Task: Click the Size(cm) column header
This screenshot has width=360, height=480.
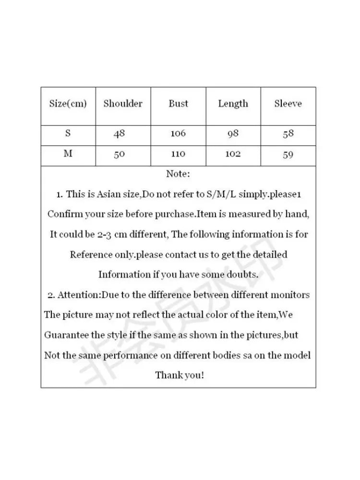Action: tap(68, 104)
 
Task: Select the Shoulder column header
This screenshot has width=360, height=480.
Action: tap(123, 104)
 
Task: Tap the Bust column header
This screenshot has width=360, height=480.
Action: tap(178, 104)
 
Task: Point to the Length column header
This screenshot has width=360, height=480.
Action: tap(233, 104)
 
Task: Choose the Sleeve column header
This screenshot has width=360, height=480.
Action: tap(288, 104)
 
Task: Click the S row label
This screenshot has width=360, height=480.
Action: tap(68, 133)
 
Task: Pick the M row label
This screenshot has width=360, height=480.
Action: tap(68, 155)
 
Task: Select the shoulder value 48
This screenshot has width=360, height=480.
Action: tap(119, 134)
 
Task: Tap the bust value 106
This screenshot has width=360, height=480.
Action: tap(178, 134)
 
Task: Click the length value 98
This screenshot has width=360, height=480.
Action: tap(233, 134)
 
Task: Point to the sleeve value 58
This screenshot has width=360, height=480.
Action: tap(288, 134)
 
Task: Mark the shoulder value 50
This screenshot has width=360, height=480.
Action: tap(119, 155)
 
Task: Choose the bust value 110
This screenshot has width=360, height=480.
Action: tap(178, 155)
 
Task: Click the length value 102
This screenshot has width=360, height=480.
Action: tap(233, 155)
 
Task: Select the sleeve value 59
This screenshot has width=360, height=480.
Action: tap(288, 155)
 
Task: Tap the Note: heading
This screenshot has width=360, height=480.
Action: tap(178, 174)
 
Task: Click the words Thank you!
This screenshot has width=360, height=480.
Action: tap(180, 375)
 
